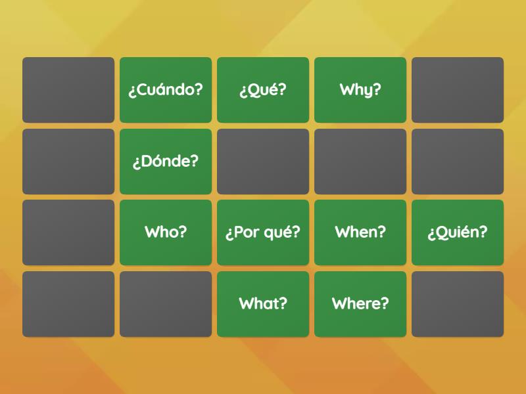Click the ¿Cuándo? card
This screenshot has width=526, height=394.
click(166, 90)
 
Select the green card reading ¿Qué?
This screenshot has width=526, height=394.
click(263, 90)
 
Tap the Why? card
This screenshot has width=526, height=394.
click(360, 90)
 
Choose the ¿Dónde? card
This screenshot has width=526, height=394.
click(166, 162)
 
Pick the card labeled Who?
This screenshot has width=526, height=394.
click(166, 232)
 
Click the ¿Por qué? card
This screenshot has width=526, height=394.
click(263, 232)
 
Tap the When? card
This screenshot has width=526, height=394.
click(360, 232)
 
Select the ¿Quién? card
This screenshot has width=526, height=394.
click(458, 232)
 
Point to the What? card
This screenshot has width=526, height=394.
click(263, 304)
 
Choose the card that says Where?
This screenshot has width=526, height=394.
click(360, 304)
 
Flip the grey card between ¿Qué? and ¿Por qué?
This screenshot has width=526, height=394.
click(263, 162)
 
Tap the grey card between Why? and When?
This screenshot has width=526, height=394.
click(360, 162)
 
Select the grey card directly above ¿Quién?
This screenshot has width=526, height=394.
click(458, 162)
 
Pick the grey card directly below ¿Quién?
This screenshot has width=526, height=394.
click(458, 304)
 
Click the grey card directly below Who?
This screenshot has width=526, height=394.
click(166, 304)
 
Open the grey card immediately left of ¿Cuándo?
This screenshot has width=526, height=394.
click(68, 90)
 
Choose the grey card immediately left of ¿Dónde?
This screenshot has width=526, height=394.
click(68, 162)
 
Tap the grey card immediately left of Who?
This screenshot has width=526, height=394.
click(68, 232)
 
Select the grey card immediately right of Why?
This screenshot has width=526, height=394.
click(458, 90)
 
